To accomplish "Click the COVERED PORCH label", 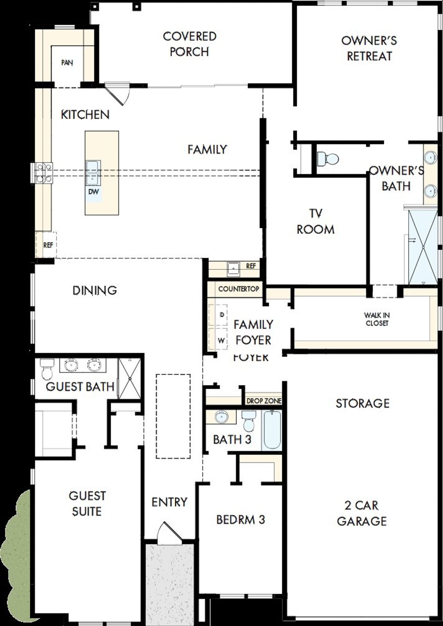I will (x=189, y=44).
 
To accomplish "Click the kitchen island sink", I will (x=93, y=172).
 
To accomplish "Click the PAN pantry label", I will (x=67, y=63).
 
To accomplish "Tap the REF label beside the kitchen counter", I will (x=48, y=245).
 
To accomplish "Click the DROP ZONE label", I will (x=264, y=401).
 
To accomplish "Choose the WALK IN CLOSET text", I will (x=377, y=319).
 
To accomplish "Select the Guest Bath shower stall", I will (x=129, y=379).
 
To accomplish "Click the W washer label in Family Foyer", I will (x=221, y=341).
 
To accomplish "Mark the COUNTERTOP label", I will (x=238, y=289).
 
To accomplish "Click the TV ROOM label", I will (x=315, y=221).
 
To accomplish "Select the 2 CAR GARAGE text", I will (x=362, y=513).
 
